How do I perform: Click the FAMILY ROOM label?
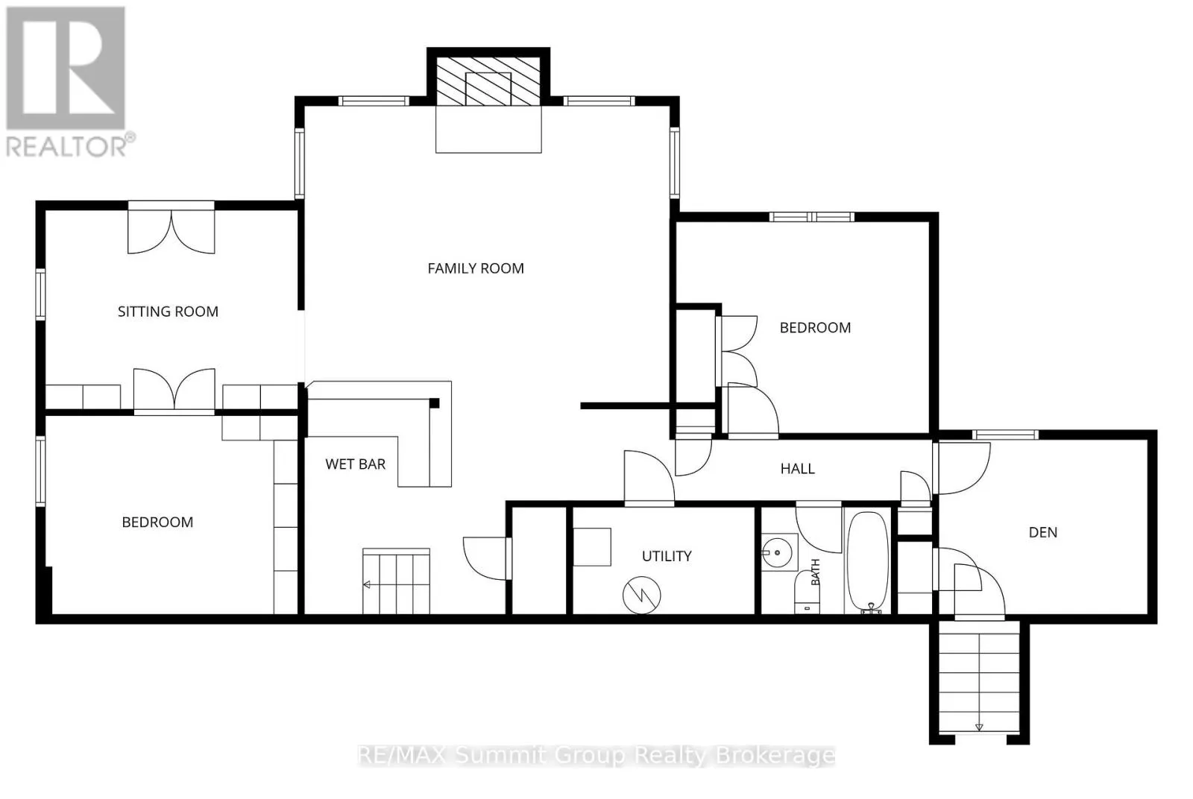pyautogui.click(x=476, y=268)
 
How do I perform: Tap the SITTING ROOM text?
pyautogui.click(x=168, y=312)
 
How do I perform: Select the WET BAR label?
pyautogui.click(x=355, y=464)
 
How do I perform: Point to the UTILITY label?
pyautogui.click(x=667, y=556)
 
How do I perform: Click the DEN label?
pyautogui.click(x=1043, y=532)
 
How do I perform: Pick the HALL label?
pyautogui.click(x=797, y=468)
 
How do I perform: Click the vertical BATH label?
pyautogui.click(x=816, y=572)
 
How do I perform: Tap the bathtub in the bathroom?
pyautogui.click(x=868, y=562)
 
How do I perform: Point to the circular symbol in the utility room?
pyautogui.click(x=642, y=595)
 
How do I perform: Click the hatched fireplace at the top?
pyautogui.click(x=488, y=80)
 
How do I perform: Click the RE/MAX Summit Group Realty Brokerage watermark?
pyautogui.click(x=596, y=755)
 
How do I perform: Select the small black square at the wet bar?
pyautogui.click(x=434, y=403)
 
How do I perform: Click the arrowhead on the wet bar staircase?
pyautogui.click(x=366, y=585)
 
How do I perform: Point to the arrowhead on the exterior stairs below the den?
pyautogui.click(x=979, y=727)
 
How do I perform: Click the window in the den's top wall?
pyautogui.click(x=1006, y=435)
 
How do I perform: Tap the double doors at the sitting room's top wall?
pyautogui.click(x=171, y=228)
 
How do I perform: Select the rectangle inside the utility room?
pyautogui.click(x=592, y=546)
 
